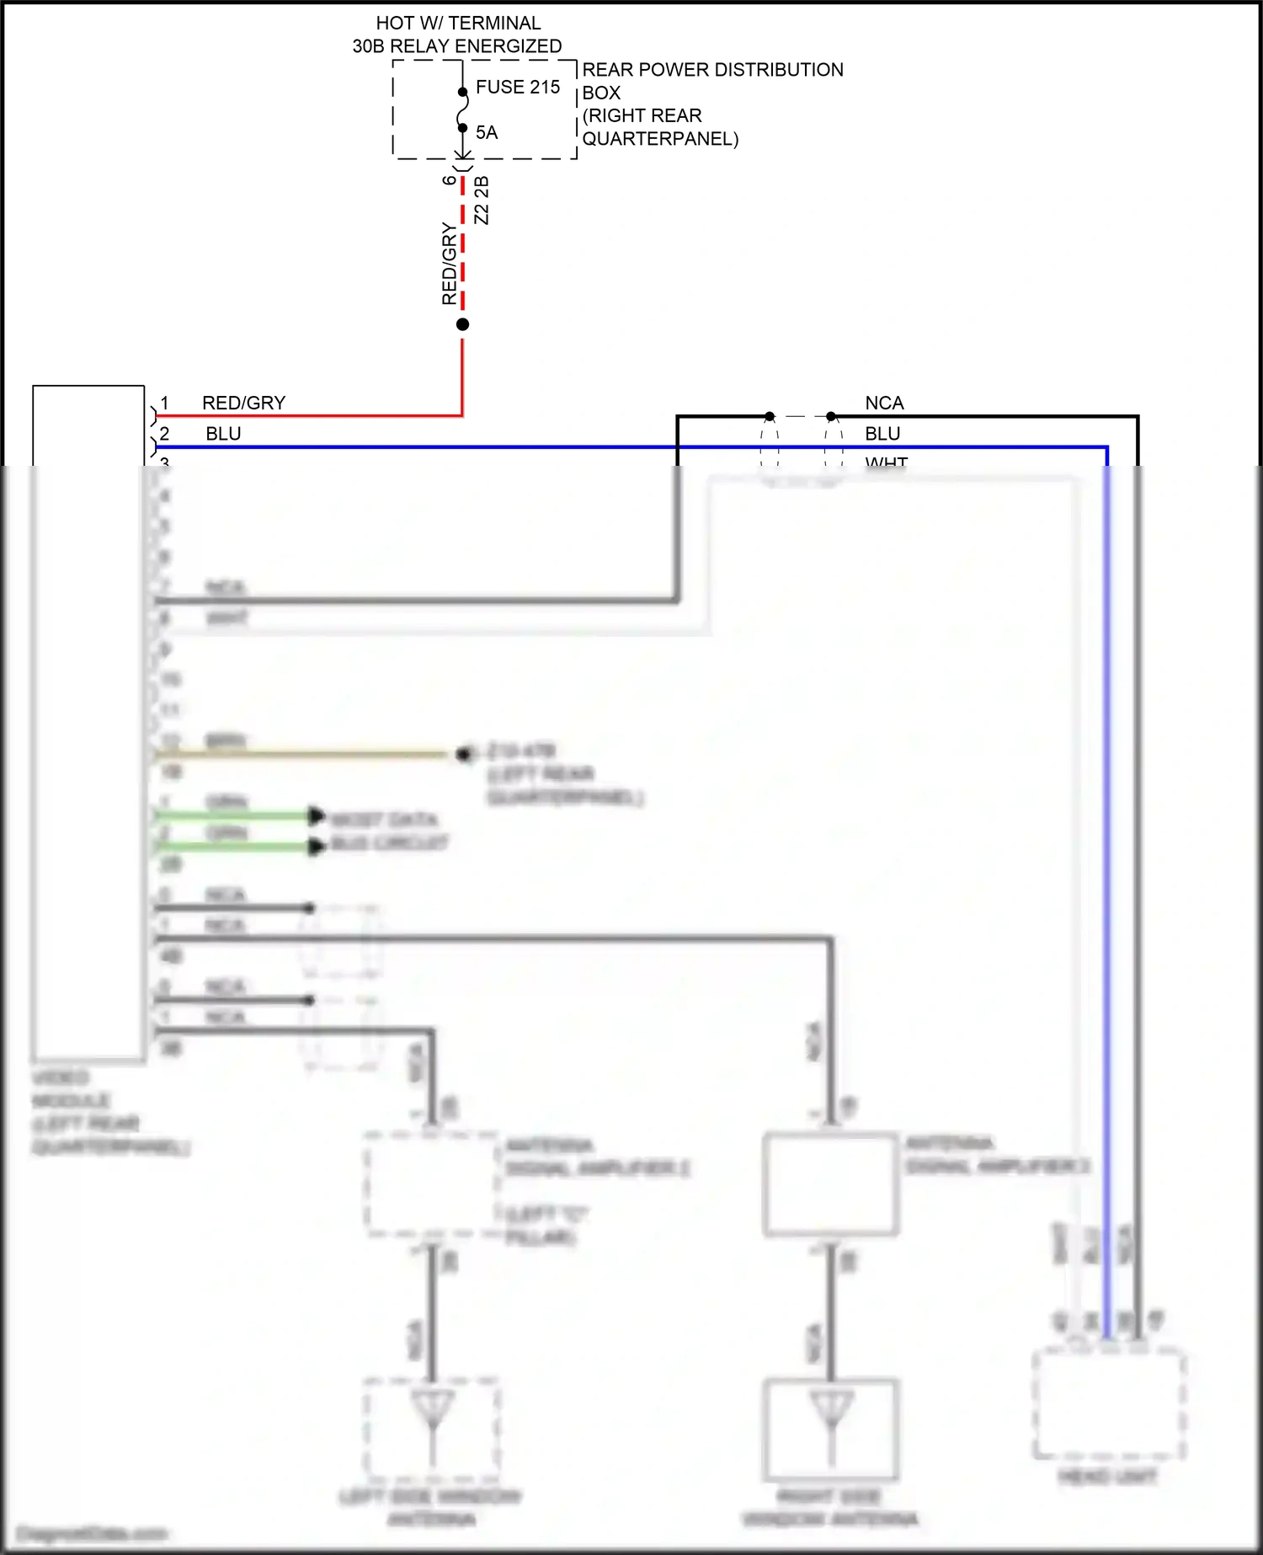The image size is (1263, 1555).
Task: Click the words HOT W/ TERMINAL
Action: tap(458, 23)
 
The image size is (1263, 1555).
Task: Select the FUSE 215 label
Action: tap(517, 87)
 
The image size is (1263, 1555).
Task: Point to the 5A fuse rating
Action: tap(486, 132)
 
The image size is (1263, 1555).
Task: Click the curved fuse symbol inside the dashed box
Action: tap(462, 110)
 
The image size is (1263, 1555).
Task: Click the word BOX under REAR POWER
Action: tap(601, 93)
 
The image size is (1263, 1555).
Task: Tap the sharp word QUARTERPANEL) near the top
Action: tap(660, 139)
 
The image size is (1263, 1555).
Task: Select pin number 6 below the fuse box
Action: tap(450, 180)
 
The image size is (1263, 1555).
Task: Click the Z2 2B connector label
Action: tap(482, 200)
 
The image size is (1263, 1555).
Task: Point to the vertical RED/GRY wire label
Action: tap(450, 264)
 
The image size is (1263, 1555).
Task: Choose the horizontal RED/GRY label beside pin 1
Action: tap(243, 403)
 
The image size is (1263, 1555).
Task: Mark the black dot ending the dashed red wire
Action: tap(462, 324)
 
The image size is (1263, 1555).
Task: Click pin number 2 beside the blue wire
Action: tap(165, 434)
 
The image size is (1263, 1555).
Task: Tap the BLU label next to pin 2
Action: tap(223, 434)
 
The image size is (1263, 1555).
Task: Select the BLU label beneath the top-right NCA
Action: tap(882, 434)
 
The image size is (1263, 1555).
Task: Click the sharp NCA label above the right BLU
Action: tap(884, 403)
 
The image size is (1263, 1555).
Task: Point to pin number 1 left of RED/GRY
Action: tap(165, 403)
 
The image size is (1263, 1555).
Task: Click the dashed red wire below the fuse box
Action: tap(462, 253)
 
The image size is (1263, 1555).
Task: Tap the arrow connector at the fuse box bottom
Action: tap(462, 155)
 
